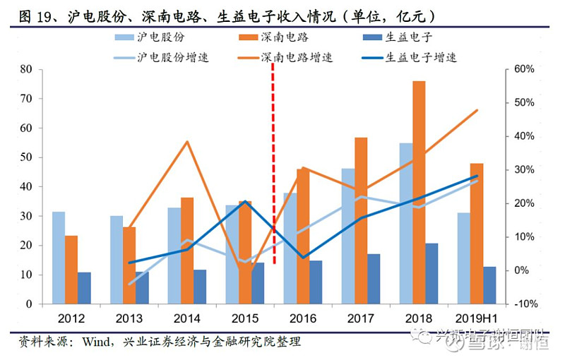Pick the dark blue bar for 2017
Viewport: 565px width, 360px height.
[374, 279]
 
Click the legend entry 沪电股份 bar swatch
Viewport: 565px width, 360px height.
[128, 37]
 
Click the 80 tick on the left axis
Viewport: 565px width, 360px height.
[28, 69]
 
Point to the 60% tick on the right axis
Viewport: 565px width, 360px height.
[523, 69]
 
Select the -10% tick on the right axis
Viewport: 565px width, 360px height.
[522, 304]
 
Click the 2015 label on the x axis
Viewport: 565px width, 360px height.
[244, 318]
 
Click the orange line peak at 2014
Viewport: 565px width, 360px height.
[187, 142]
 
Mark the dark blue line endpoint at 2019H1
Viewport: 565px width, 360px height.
[477, 176]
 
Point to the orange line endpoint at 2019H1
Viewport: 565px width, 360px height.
[477, 110]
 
